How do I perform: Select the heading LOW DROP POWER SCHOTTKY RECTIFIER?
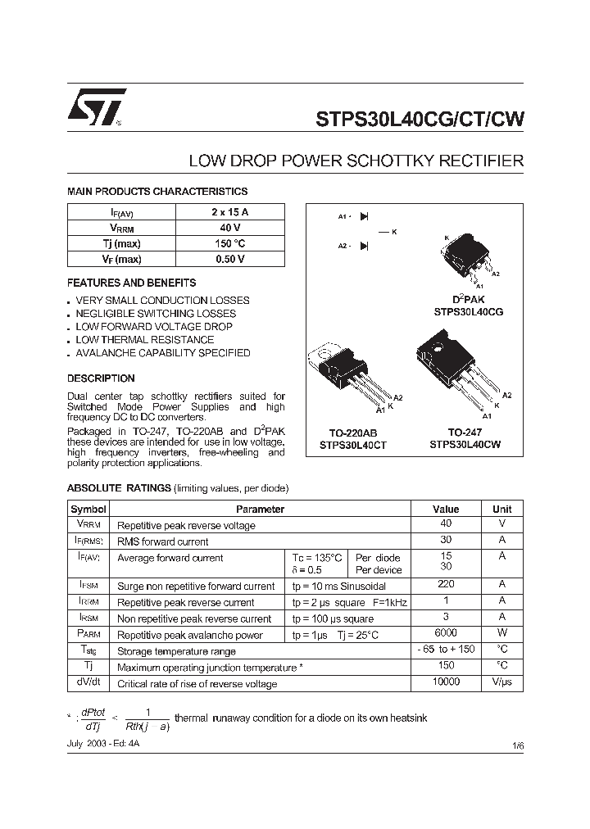356,161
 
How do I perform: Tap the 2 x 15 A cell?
229,212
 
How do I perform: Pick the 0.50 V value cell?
229,259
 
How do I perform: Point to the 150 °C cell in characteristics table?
229,243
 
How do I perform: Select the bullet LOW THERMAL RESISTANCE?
144,340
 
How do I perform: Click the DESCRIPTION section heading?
101,378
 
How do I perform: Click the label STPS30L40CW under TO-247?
465,444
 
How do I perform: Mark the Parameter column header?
261,509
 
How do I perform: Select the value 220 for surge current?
446,585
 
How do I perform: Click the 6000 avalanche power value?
446,633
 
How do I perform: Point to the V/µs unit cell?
501,682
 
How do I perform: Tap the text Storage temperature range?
176,651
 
